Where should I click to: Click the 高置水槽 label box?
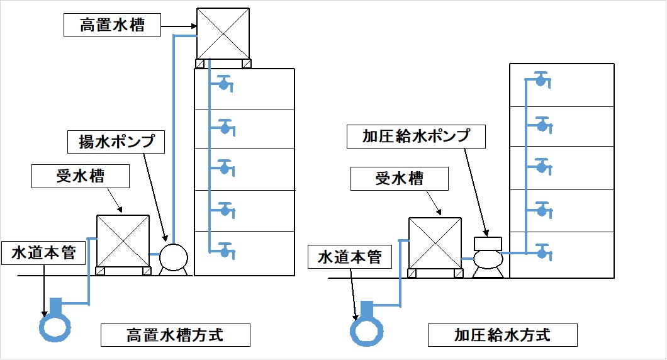click(x=113, y=25)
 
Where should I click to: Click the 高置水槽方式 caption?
click(x=176, y=335)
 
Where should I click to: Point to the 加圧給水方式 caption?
click(x=503, y=335)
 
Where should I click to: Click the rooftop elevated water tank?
click(x=223, y=33)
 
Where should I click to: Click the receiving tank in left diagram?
click(x=123, y=242)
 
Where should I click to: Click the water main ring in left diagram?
click(x=55, y=326)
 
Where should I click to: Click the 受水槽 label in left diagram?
click(x=81, y=177)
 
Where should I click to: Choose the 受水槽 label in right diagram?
click(x=400, y=179)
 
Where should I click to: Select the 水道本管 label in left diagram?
click(x=43, y=253)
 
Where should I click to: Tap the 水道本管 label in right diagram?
click(x=350, y=257)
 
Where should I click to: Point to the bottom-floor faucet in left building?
click(x=225, y=251)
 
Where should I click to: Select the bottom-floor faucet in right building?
click(x=541, y=253)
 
